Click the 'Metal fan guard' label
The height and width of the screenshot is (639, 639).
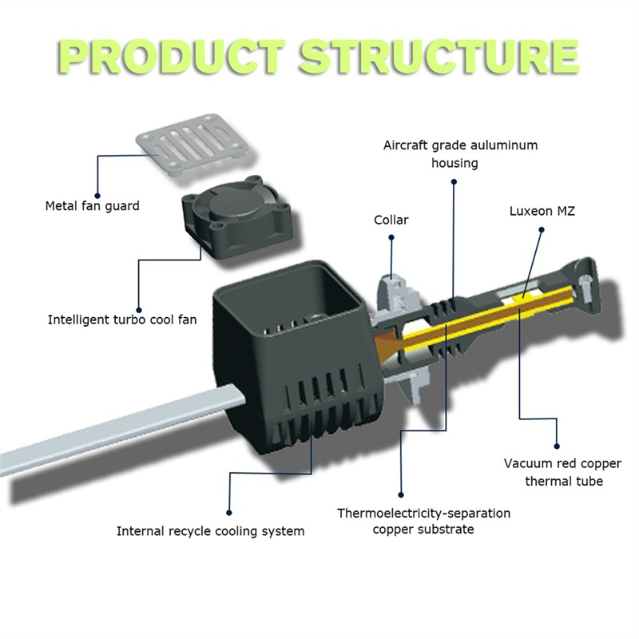pyautogui.click(x=92, y=206)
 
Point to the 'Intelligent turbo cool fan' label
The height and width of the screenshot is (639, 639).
pyautogui.click(x=121, y=319)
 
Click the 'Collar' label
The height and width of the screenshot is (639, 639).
pyautogui.click(x=391, y=220)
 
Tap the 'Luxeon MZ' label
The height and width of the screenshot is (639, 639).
pyautogui.click(x=543, y=212)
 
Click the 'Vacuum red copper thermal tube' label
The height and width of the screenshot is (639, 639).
pyautogui.click(x=553, y=472)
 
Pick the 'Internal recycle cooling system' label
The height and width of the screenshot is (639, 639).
pyautogui.click(x=211, y=530)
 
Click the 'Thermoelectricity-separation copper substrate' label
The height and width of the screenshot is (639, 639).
pyautogui.click(x=423, y=521)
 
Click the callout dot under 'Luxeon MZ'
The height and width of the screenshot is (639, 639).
pyautogui.click(x=541, y=229)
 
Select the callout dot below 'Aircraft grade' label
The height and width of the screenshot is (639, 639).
pyautogui.click(x=454, y=181)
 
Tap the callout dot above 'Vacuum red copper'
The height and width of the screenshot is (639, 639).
pyautogui.click(x=557, y=443)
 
